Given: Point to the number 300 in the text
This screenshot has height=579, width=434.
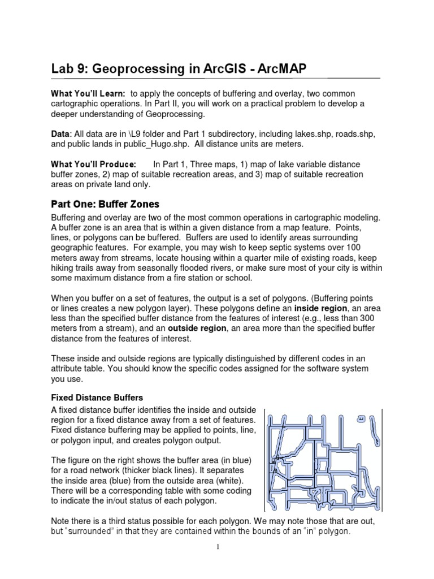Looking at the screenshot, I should point(357,319).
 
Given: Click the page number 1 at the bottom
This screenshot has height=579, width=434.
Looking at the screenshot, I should point(217,563).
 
